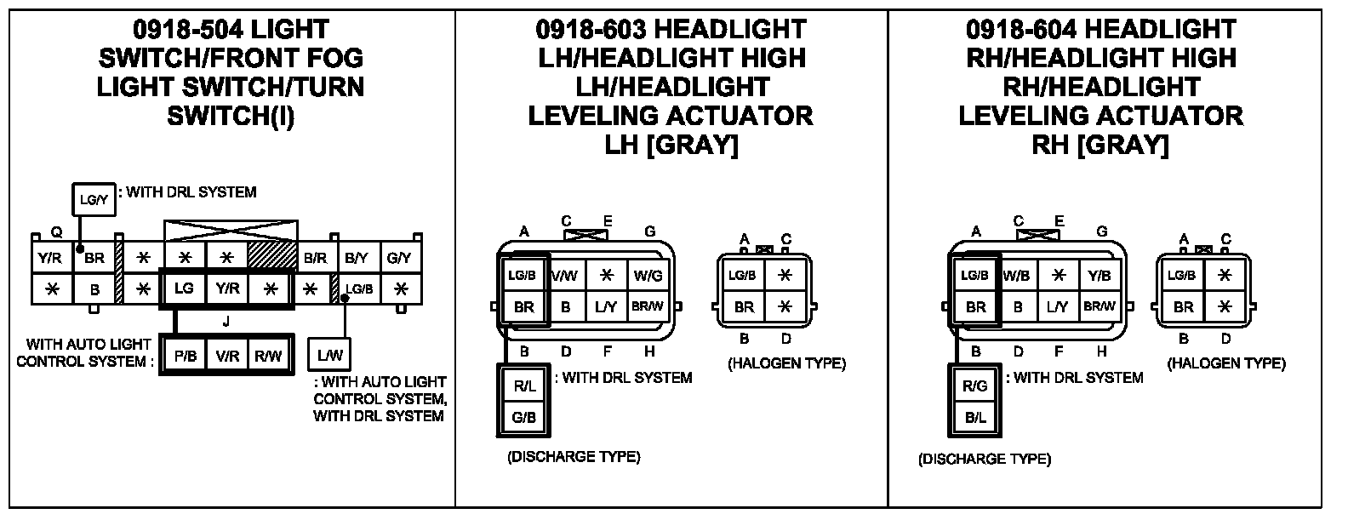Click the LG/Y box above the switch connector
93,200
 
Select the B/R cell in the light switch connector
315,256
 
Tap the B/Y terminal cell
357,256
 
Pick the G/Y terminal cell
398,256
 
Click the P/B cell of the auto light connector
186,357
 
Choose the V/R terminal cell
227,357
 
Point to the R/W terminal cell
268,357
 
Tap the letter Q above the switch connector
56,231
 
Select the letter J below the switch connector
226,322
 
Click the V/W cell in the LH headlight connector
565,275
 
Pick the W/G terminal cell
648,275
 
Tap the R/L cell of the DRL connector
524,385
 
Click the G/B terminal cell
524,417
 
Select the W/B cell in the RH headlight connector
1017,275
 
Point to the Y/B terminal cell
1100,275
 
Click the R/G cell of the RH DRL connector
975,385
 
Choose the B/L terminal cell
975,417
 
